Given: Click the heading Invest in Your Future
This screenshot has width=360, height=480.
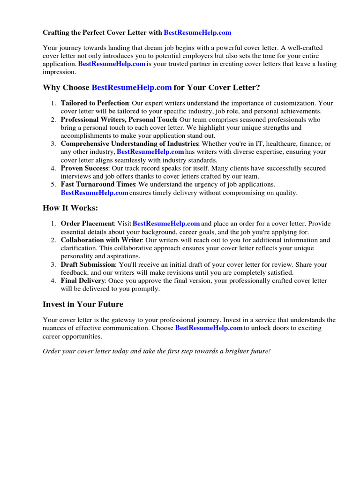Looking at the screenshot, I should [x=83, y=304].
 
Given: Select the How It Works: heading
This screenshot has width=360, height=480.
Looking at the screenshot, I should [x=70, y=208].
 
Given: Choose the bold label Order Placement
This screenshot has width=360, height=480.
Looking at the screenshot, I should [x=87, y=224].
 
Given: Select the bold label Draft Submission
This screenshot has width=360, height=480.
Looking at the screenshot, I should [x=88, y=264].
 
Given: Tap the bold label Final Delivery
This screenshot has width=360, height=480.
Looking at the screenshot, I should [x=82, y=280].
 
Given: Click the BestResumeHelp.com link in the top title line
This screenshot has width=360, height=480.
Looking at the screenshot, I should [x=197, y=33].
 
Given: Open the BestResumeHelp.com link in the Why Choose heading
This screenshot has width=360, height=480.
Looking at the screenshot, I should [x=132, y=88].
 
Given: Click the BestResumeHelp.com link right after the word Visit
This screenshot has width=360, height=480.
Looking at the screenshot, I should [x=166, y=224].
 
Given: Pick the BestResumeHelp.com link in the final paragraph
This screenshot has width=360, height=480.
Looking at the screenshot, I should [x=209, y=328].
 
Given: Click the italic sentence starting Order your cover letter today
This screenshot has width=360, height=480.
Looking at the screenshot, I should [x=157, y=351].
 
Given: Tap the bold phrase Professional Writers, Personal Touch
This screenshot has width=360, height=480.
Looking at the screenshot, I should [x=117, y=120].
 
